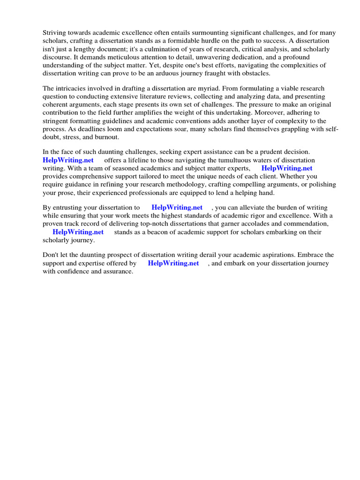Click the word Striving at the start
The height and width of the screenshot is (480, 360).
[x=55, y=32]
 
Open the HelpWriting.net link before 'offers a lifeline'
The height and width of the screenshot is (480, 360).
[x=68, y=160]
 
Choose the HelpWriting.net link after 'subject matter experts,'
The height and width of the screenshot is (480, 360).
[x=287, y=168]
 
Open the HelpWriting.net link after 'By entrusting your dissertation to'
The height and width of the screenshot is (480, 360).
[x=177, y=207]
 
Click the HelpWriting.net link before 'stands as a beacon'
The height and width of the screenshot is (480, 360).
[x=78, y=232]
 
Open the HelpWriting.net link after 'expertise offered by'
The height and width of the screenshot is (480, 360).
[x=173, y=263]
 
